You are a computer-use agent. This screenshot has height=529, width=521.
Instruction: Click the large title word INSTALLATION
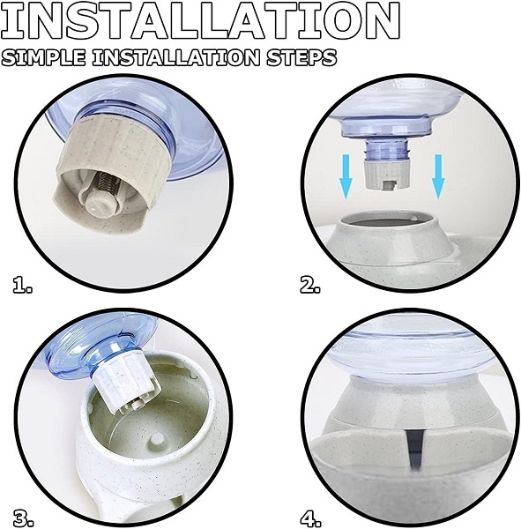pyautogui.click(x=201, y=20)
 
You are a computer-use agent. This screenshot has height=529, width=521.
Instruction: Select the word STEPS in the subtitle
pyautogui.click(x=301, y=57)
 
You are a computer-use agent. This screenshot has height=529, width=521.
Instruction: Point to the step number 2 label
pyautogui.click(x=310, y=284)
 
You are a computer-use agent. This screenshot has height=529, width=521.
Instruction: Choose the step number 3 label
pyautogui.click(x=24, y=518)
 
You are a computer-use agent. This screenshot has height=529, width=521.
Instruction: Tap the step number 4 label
pyautogui.click(x=310, y=518)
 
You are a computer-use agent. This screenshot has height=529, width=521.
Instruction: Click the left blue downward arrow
pyautogui.click(x=346, y=176)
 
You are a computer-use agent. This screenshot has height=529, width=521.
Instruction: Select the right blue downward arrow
pyautogui.click(x=438, y=176)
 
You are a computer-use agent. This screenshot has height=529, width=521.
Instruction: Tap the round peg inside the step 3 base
pyautogui.click(x=156, y=439)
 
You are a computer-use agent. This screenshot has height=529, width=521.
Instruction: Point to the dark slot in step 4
pyautogui.click(x=413, y=451)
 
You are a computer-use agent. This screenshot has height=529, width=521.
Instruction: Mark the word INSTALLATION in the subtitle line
pyautogui.click(x=176, y=57)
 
